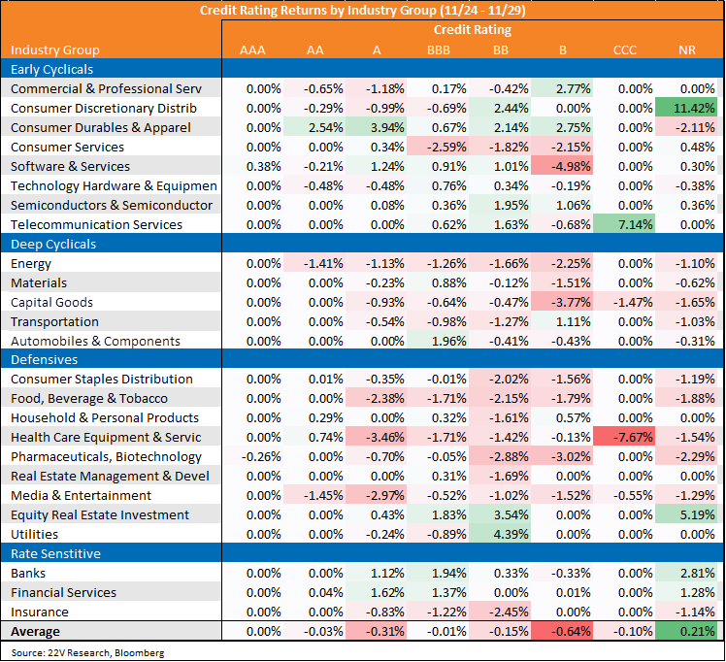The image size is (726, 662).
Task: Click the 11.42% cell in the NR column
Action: pyautogui.click(x=686, y=108)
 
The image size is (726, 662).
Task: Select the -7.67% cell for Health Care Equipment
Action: pyautogui.click(x=624, y=437)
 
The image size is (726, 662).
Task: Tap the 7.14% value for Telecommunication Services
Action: pyautogui.click(x=624, y=224)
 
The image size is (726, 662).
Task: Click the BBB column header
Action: pyautogui.click(x=439, y=50)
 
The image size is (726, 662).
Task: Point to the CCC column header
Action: pyautogui.click(x=625, y=50)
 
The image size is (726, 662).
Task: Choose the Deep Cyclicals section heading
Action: pyautogui.click(x=53, y=244)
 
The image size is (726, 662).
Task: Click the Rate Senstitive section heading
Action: pyautogui.click(x=55, y=553)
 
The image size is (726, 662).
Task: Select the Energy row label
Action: pyautogui.click(x=31, y=264)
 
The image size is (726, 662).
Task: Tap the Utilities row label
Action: pyautogui.click(x=34, y=534)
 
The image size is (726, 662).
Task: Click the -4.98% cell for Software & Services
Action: pyautogui.click(x=562, y=166)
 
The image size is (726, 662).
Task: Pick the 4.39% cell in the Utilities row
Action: pyautogui.click(x=500, y=534)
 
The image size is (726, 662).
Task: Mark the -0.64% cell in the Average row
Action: pyautogui.click(x=562, y=632)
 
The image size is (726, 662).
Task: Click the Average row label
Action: pyautogui.click(x=35, y=632)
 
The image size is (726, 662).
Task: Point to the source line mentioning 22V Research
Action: pyautogui.click(x=87, y=652)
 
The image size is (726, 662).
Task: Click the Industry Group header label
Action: pyautogui.click(x=55, y=50)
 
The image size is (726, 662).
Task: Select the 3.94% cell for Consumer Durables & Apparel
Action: pyautogui.click(x=376, y=127)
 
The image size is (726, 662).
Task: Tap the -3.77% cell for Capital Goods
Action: pyautogui.click(x=562, y=302)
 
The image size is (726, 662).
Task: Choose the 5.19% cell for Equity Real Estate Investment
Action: pyautogui.click(x=686, y=514)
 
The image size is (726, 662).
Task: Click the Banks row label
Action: pyautogui.click(x=28, y=573)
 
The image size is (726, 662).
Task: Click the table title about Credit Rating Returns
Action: pyautogui.click(x=363, y=10)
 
